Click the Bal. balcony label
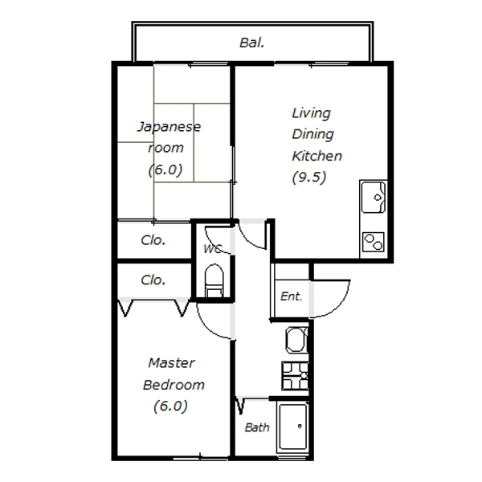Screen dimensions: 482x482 coord(251,43)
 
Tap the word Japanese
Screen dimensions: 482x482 coord(169,127)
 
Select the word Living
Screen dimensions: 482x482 coord(311,113)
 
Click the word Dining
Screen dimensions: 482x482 coord(312,134)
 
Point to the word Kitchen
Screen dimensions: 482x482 coord(317,156)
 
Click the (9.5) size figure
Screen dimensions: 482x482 coord(309,178)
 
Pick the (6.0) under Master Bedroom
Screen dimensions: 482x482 coord(170,406)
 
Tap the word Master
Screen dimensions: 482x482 coord(171,363)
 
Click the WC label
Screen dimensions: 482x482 coord(212,249)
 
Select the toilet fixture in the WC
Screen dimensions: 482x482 coord(214,280)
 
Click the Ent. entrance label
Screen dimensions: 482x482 coord(291,296)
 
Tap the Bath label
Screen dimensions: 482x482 coord(257,427)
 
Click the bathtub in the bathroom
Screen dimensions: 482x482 coord(292,427)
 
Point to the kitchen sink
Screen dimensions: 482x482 coord(374,197)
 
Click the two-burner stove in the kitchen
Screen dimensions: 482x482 coord(374,242)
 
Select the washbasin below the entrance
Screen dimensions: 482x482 coord(296,340)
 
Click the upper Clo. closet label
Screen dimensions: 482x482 coord(153,240)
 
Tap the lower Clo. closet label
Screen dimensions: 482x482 coord(153,280)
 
